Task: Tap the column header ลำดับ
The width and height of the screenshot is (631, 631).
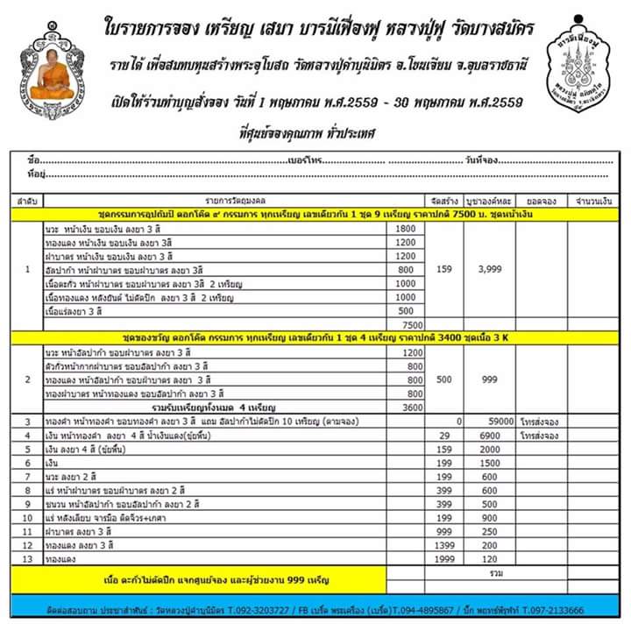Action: click(x=27, y=202)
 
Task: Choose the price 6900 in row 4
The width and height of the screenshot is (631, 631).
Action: click(x=488, y=436)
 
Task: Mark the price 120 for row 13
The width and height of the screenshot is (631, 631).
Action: click(x=487, y=559)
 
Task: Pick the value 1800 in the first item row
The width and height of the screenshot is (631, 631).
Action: click(x=404, y=229)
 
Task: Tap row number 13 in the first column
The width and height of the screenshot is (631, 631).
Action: click(x=29, y=559)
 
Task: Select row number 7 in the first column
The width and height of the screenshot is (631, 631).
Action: click(x=29, y=477)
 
